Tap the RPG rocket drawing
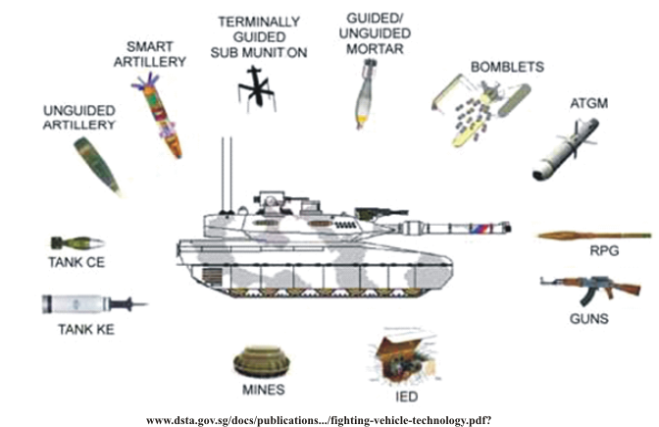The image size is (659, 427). tap(593, 236)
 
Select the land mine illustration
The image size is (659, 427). tap(262, 361)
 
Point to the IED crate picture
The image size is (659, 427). tap(403, 356)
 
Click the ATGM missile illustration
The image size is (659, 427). tap(566, 150)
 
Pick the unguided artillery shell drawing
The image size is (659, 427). tap(97, 166)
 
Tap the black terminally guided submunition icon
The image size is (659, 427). tap(256, 88)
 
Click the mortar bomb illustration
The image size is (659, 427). tap(365, 94)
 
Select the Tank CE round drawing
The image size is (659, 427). tap(76, 243)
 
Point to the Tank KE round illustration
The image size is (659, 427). tap(94, 303)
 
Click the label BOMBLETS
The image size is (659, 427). tap(507, 67)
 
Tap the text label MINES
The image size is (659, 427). tap(264, 390)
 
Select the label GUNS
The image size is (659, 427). tap(588, 319)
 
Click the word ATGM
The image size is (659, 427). tap(588, 103)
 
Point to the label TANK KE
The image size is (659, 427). tap(86, 330)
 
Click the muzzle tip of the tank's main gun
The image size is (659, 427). tap(509, 229)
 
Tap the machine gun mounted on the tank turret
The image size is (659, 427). tap(380, 213)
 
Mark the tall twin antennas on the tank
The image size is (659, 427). tap(227, 176)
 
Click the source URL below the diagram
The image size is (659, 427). tap(319, 420)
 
